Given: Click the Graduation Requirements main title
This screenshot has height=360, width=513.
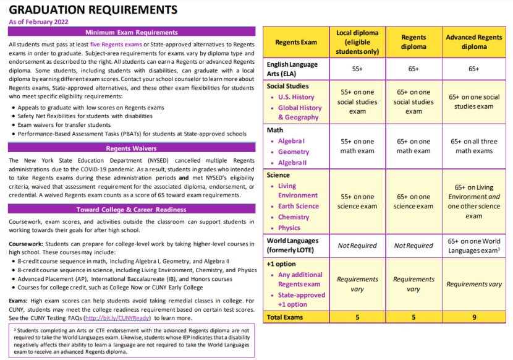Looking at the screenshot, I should tap(93, 10).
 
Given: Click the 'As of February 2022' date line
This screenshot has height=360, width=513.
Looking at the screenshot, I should tap(38, 22).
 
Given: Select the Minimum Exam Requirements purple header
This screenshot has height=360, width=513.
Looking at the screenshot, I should tap(131, 32).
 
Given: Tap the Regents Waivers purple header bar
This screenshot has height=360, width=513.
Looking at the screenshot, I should tap(131, 148).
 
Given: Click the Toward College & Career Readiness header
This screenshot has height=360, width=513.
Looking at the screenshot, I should tap(131, 210).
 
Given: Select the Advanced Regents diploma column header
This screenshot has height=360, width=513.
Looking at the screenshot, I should tap(474, 41).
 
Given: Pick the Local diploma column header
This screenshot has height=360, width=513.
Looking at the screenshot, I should tap(357, 41).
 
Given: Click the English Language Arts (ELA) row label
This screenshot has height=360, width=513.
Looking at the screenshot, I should tap(293, 69).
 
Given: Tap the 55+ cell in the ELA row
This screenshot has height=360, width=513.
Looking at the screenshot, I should tap(357, 69).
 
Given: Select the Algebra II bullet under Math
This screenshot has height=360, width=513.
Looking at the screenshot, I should tap(293, 163).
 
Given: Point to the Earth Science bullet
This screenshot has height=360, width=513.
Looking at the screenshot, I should tap(299, 206).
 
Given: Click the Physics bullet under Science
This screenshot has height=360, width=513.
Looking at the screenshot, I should tap(289, 228).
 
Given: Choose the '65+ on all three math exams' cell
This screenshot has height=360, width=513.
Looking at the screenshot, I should tap(474, 146).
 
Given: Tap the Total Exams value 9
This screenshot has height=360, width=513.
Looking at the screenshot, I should tap(474, 317).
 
